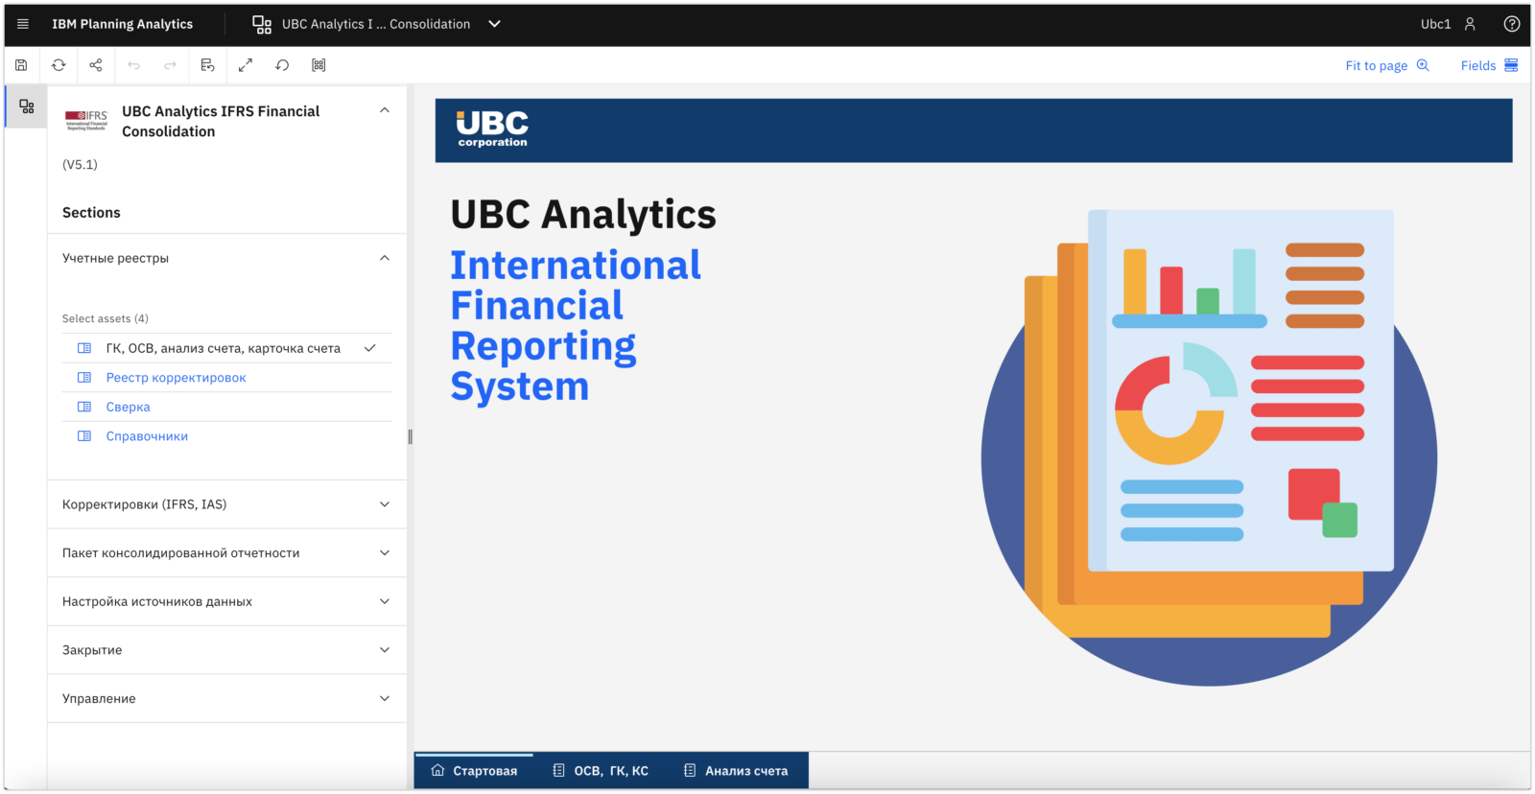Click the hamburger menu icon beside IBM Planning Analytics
[23, 24]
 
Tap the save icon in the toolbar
[21, 65]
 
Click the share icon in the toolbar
[96, 65]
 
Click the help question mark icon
[1512, 24]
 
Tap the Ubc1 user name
[1435, 24]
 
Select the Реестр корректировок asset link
[176, 378]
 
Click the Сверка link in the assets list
[128, 407]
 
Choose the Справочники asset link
[147, 436]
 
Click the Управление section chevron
[385, 699]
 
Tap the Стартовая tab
[474, 771]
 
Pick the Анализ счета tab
[736, 771]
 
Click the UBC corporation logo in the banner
[492, 128]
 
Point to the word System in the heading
[520, 386]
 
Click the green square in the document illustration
[1340, 520]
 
